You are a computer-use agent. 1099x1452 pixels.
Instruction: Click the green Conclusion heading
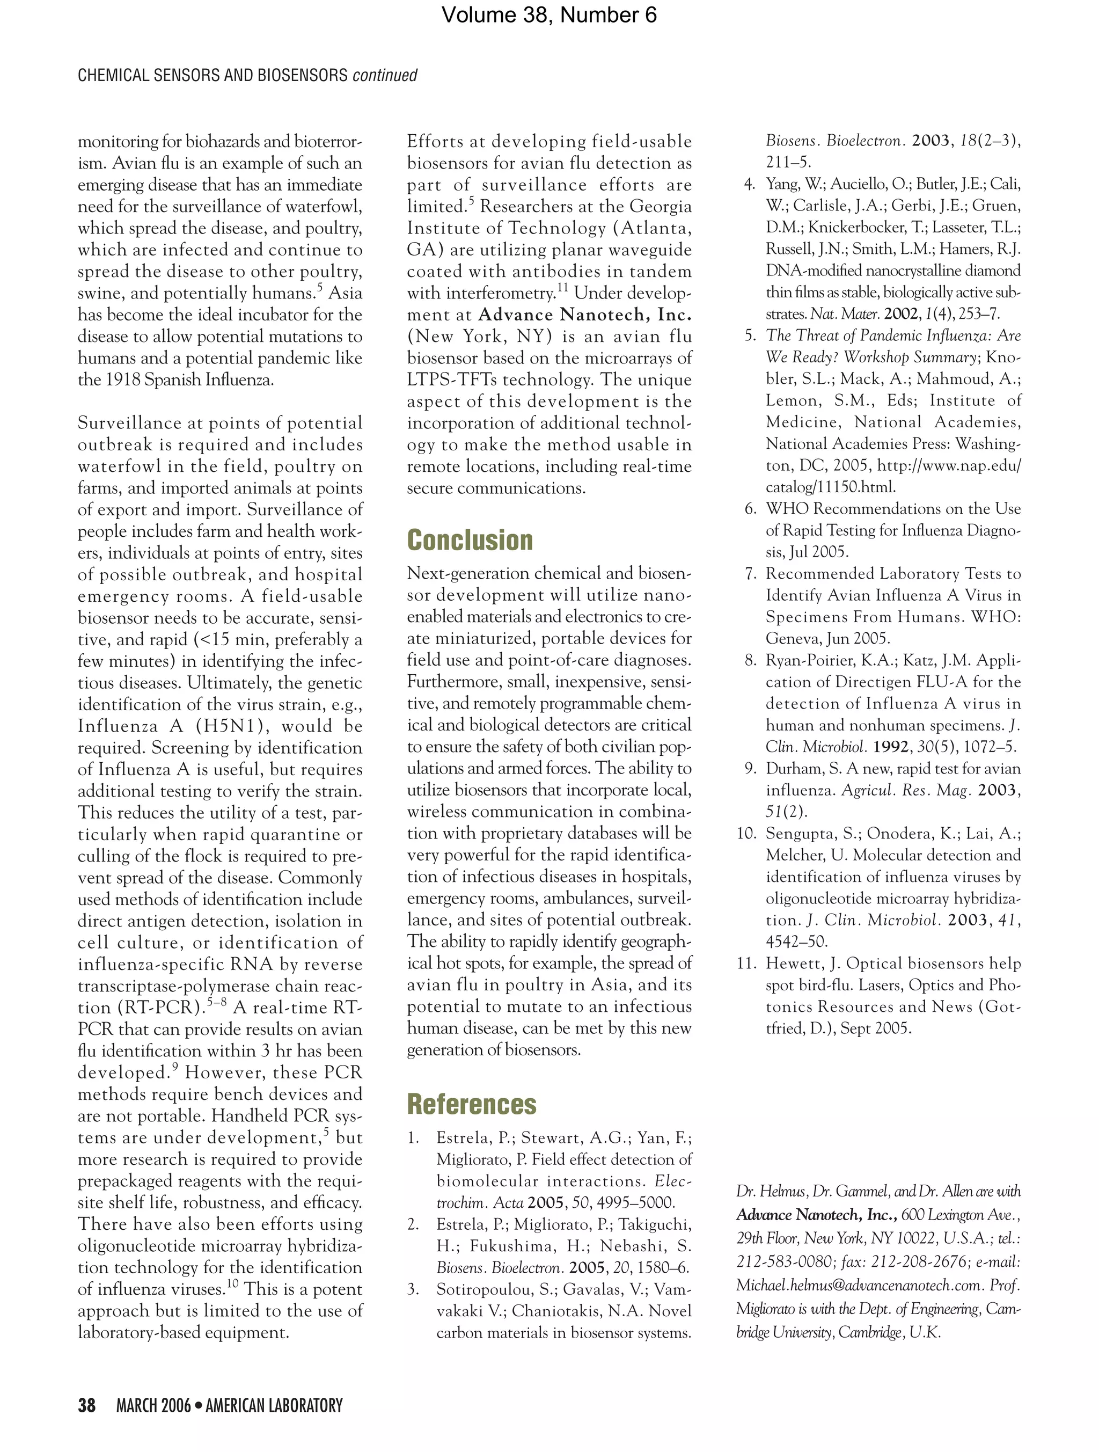click(470, 540)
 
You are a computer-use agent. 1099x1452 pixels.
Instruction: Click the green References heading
click(471, 1104)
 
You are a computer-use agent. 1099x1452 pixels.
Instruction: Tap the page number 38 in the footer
click(86, 1405)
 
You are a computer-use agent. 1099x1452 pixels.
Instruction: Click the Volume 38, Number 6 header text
click(548, 14)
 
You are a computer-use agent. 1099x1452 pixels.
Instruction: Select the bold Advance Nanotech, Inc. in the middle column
click(585, 315)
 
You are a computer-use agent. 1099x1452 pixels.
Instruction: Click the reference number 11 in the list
click(746, 963)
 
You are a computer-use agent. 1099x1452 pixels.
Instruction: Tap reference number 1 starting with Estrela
click(413, 1137)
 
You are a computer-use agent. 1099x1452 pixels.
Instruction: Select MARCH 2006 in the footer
click(153, 1405)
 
